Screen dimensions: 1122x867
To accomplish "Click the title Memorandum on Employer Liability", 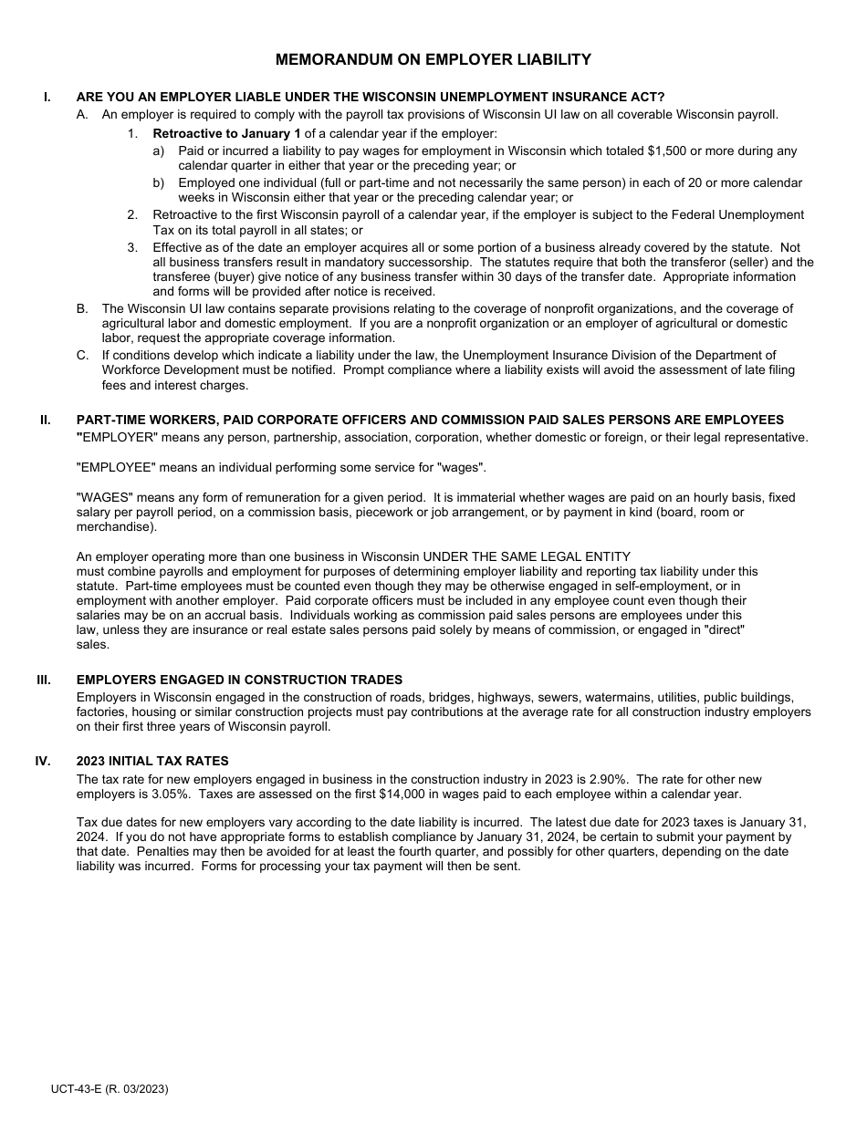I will point(433,60).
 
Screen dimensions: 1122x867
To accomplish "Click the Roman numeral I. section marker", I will point(47,97).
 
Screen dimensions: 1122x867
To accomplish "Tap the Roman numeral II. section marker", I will point(46,420).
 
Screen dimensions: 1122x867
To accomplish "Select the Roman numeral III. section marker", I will point(44,680).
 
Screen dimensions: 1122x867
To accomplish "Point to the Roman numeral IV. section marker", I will point(43,761).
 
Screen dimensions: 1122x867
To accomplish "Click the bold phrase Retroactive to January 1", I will point(226,133).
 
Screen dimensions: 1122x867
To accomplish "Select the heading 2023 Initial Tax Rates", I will point(152,761).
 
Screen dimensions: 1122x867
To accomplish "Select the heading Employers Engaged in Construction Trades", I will point(239,680).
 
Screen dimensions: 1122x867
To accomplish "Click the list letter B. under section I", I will point(82,308).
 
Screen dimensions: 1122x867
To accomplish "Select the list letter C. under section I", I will point(82,355).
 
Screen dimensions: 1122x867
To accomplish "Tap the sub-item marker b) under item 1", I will point(159,182).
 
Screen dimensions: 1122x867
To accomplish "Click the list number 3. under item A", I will point(132,247).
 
